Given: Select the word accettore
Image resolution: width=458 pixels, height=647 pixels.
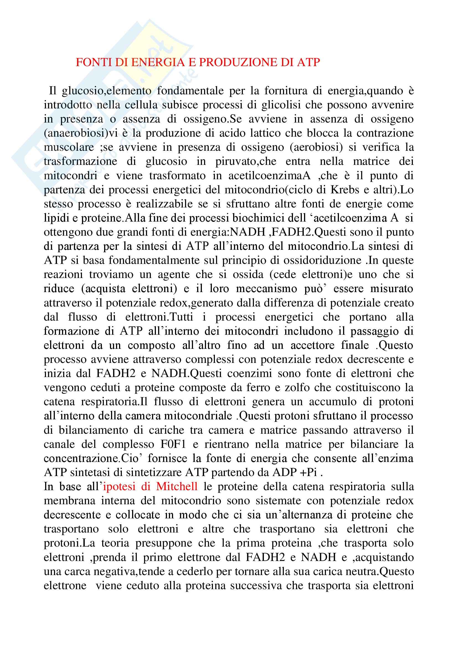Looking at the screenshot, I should (304, 345).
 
